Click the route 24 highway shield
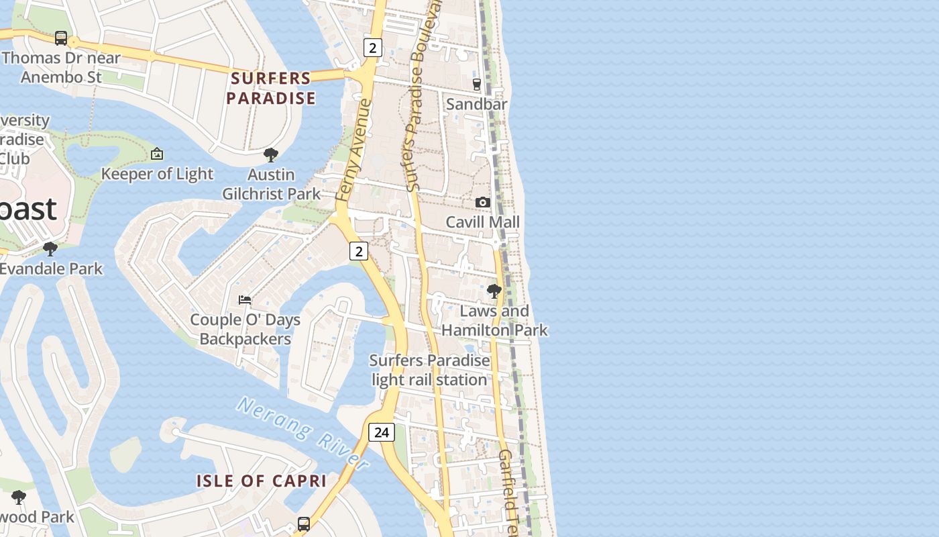point(381,432)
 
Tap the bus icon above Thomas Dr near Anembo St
point(61,38)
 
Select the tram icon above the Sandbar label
point(477,84)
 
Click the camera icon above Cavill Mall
point(482,202)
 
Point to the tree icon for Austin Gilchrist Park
point(271,155)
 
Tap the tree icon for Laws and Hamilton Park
point(494,291)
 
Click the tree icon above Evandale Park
point(50,249)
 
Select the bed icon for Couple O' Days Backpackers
point(245,299)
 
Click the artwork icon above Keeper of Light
point(157,154)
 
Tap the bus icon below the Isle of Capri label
point(304,524)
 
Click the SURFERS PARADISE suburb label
point(271,89)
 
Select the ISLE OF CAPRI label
point(262,481)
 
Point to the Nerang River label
point(302,433)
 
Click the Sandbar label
point(477,104)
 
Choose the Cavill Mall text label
point(483,222)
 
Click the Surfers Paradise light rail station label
point(430,370)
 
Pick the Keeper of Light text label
point(157,174)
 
